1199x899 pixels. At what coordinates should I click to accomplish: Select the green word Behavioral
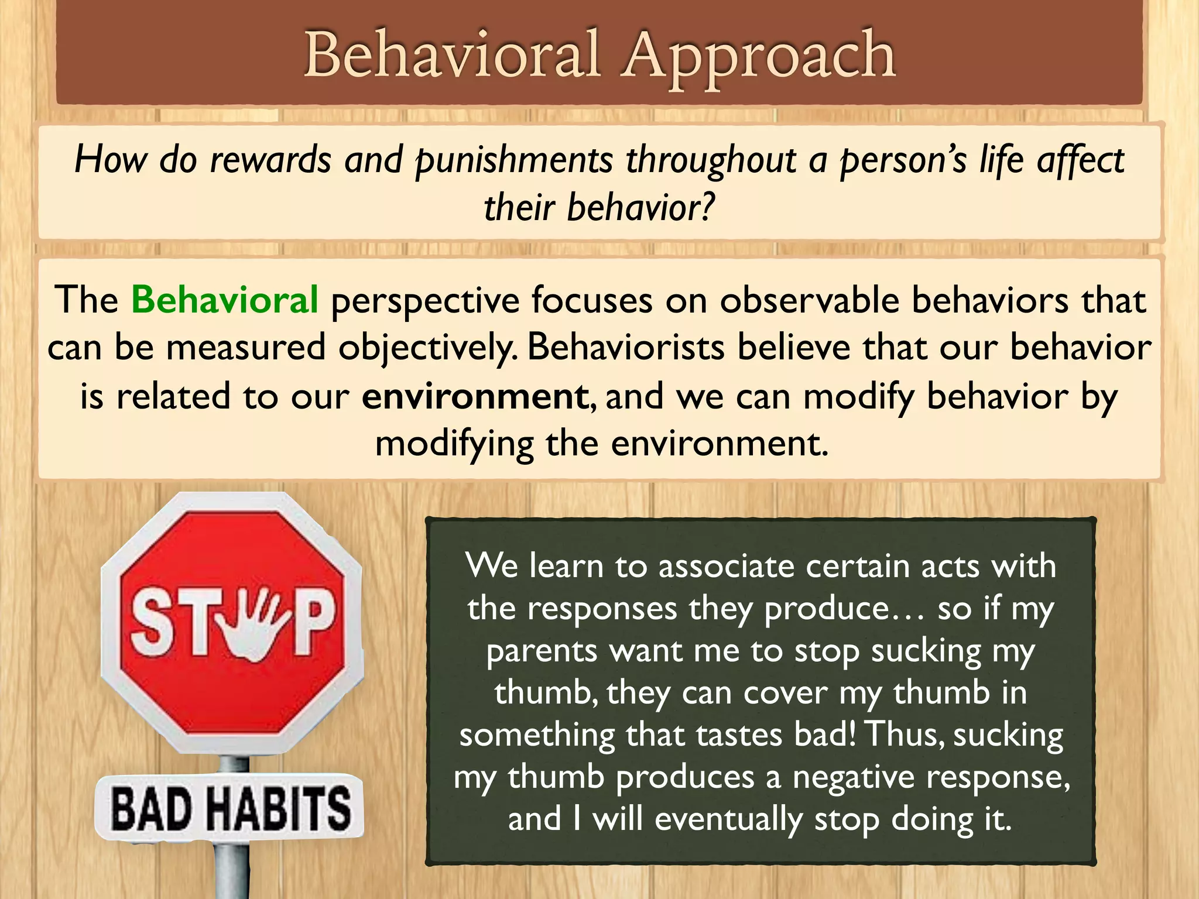coord(225,300)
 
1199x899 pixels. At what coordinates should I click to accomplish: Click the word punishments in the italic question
coord(514,160)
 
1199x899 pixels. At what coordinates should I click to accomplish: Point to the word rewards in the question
coord(270,159)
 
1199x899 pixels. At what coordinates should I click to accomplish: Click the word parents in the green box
coord(542,651)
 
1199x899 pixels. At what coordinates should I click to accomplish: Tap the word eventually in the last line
coord(728,819)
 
